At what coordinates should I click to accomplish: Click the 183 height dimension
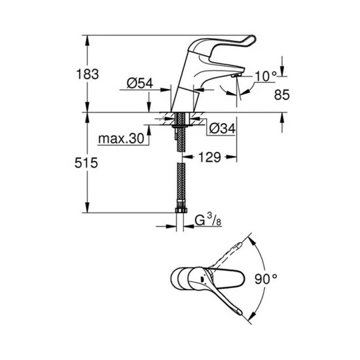point(88,74)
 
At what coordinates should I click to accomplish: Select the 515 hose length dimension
point(86,163)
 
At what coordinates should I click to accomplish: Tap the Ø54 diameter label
point(140,83)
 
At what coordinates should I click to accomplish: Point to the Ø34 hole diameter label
point(223,128)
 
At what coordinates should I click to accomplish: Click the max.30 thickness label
point(121,139)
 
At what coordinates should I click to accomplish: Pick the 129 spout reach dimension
point(209,157)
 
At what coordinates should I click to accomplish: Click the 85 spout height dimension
point(282,95)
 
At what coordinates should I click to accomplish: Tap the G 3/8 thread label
point(208,219)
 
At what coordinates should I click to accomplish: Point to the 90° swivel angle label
point(266,279)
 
